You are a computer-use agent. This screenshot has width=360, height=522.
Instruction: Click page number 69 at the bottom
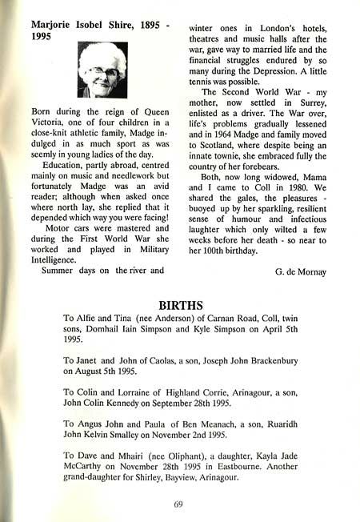(179, 503)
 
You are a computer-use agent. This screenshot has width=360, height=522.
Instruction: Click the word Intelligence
(51, 259)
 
